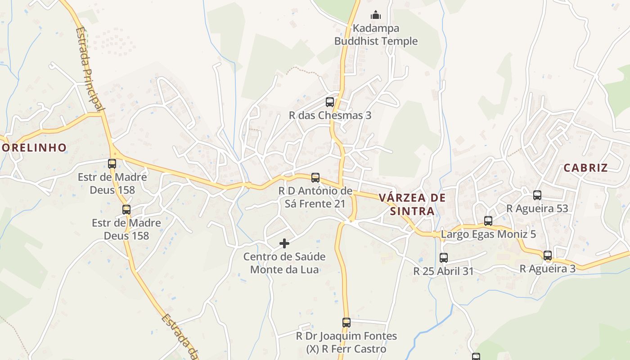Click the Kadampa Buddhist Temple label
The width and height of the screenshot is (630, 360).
(x=376, y=35)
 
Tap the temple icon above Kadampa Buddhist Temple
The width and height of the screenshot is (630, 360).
(x=376, y=15)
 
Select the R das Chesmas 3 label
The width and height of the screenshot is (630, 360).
(x=330, y=115)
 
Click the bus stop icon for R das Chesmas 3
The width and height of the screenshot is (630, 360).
(x=330, y=102)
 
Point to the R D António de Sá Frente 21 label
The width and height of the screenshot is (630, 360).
(x=315, y=197)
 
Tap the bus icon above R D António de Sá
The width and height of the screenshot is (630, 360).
(x=315, y=178)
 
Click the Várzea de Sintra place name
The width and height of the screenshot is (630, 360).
(x=412, y=204)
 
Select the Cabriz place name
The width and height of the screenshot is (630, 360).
(x=585, y=168)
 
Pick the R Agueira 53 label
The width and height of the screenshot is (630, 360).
(x=537, y=208)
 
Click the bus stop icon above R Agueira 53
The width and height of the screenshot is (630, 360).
(x=537, y=195)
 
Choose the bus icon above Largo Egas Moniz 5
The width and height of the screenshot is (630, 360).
(x=488, y=221)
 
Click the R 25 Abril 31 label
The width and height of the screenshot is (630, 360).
(x=444, y=271)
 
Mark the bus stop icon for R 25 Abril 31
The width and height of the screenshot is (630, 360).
(x=444, y=258)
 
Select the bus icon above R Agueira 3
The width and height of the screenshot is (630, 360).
(x=548, y=256)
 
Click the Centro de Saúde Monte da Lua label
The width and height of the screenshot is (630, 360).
(x=284, y=263)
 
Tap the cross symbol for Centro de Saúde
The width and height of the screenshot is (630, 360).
(x=284, y=243)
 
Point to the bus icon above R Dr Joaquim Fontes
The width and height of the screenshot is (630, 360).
(x=346, y=323)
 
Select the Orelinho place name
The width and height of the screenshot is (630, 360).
(x=34, y=147)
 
